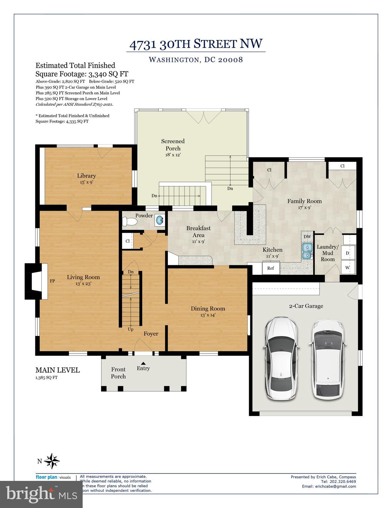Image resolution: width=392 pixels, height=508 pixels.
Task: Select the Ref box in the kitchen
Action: [x=271, y=268]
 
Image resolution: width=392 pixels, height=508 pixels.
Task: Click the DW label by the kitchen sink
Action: [x=307, y=236]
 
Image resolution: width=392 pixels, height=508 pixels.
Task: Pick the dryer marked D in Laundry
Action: [x=347, y=253]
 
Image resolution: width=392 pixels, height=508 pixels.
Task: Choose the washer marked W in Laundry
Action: [x=347, y=267]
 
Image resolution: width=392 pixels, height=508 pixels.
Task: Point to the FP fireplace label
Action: [x=52, y=281]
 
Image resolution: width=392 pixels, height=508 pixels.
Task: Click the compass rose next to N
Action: [x=52, y=461]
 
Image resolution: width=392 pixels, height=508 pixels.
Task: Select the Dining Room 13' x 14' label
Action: [x=208, y=312]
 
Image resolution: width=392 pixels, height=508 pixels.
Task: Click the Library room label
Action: [x=87, y=176]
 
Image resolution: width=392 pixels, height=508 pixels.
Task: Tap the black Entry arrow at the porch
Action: [x=143, y=363]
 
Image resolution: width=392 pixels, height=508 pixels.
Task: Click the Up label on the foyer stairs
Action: [x=131, y=329]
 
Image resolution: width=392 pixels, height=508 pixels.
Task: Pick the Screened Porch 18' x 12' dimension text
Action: [x=173, y=155]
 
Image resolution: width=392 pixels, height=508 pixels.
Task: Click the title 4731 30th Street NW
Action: [x=196, y=44]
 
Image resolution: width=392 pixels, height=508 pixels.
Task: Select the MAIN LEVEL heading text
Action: [x=58, y=370]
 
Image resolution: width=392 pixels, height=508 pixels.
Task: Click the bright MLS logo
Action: [x=41, y=494]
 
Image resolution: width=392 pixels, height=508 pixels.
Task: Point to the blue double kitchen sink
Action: [x=307, y=251]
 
